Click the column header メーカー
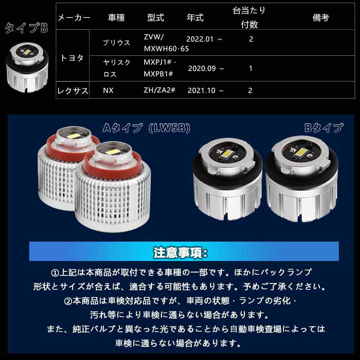click(x=74, y=18)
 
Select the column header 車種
click(x=117, y=18)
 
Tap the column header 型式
click(x=156, y=18)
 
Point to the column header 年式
click(x=195, y=18)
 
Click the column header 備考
click(x=321, y=18)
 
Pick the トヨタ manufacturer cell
click(x=72, y=58)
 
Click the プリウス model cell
click(x=117, y=43)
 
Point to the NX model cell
click(x=108, y=90)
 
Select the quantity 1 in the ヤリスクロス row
click(x=251, y=68)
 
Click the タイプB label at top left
click(x=26, y=29)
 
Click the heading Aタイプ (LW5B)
click(x=147, y=128)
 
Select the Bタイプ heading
click(x=324, y=128)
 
